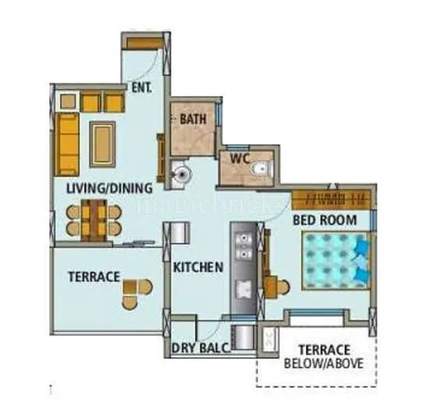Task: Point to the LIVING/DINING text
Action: click(108, 188)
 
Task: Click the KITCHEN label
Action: click(198, 267)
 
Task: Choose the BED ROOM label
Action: click(324, 221)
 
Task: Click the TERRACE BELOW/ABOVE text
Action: click(317, 356)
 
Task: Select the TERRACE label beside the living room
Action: click(93, 276)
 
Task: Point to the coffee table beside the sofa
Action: click(102, 143)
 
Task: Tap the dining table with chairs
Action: click(94, 218)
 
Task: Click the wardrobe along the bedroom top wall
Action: click(332, 196)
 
